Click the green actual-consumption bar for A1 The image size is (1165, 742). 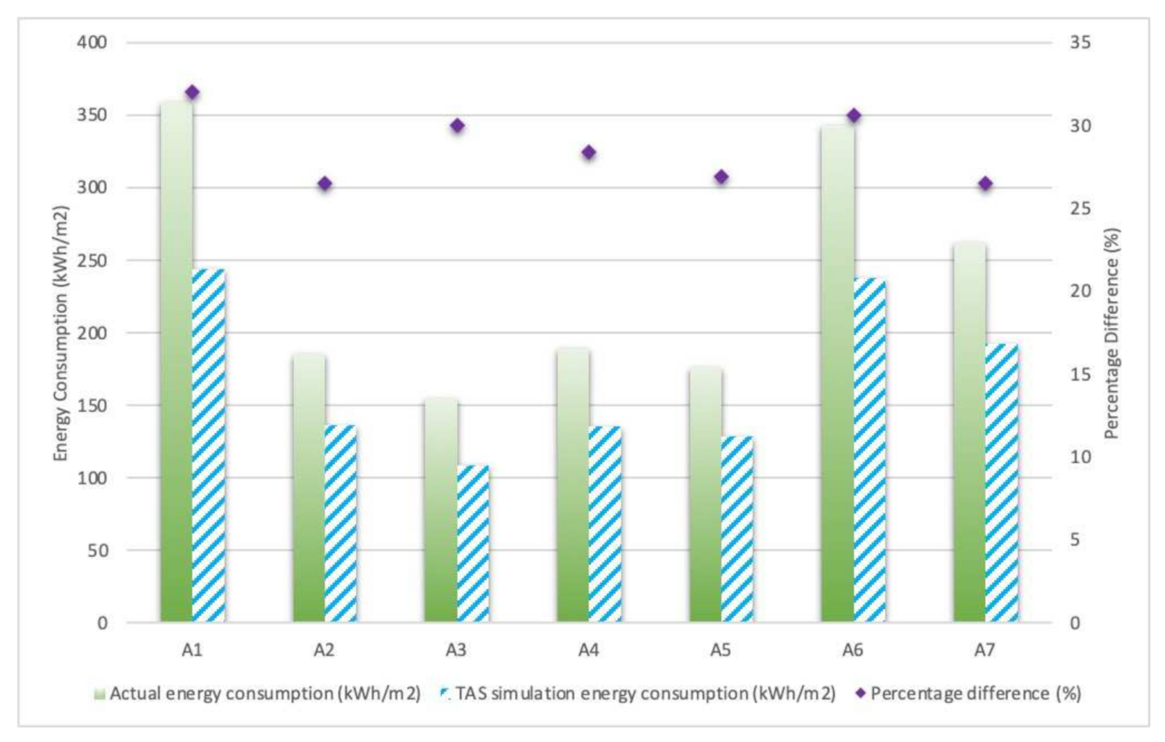click(176, 362)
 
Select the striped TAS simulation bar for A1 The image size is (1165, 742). click(209, 445)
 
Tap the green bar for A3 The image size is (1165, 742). click(441, 510)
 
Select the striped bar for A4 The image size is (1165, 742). click(605, 524)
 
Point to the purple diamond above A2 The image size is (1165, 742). click(325, 184)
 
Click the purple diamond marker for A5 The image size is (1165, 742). click(721, 177)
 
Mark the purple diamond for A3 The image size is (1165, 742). click(457, 126)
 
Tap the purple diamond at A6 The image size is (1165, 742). click(854, 116)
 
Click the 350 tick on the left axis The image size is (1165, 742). click(92, 115)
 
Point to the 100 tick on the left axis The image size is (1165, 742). click(92, 478)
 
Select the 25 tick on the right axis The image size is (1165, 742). click(1080, 208)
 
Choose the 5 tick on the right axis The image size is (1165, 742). click(1075, 540)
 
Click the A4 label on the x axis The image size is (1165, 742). click(589, 650)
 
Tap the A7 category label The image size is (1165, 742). click(985, 650)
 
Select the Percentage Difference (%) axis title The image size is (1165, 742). click(1111, 333)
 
